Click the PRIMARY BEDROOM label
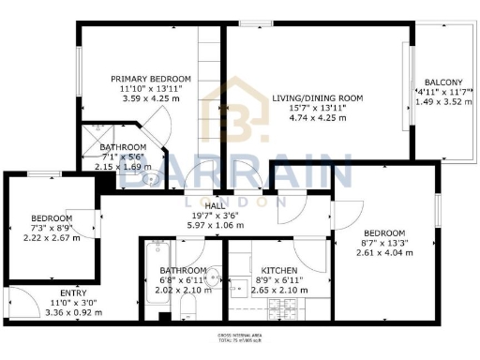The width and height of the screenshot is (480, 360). click(x=151, y=79)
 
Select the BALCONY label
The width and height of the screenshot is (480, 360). click(x=442, y=82)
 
